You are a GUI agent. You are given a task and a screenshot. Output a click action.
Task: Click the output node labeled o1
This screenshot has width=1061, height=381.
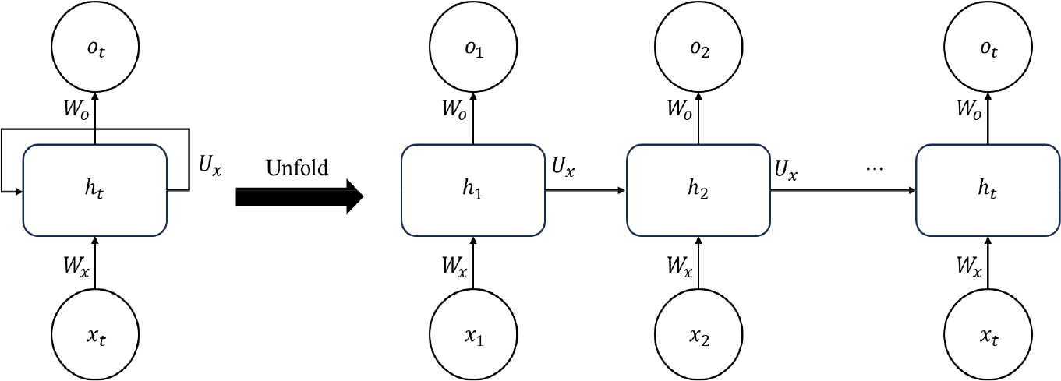point(472,51)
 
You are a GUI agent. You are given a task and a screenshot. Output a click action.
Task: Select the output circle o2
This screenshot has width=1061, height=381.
point(698,51)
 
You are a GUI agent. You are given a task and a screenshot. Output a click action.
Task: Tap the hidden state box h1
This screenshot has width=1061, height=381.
point(472,190)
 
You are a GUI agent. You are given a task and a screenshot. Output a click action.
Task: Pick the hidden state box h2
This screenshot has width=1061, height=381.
point(698,190)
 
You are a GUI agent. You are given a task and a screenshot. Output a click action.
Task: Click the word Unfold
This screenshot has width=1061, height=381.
point(299,168)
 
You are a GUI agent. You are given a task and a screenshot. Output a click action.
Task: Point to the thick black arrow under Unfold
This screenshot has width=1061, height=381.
point(299,196)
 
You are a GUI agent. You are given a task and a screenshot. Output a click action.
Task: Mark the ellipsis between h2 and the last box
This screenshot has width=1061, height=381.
point(875,169)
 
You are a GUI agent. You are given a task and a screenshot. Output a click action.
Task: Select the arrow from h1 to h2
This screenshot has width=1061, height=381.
point(585,190)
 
